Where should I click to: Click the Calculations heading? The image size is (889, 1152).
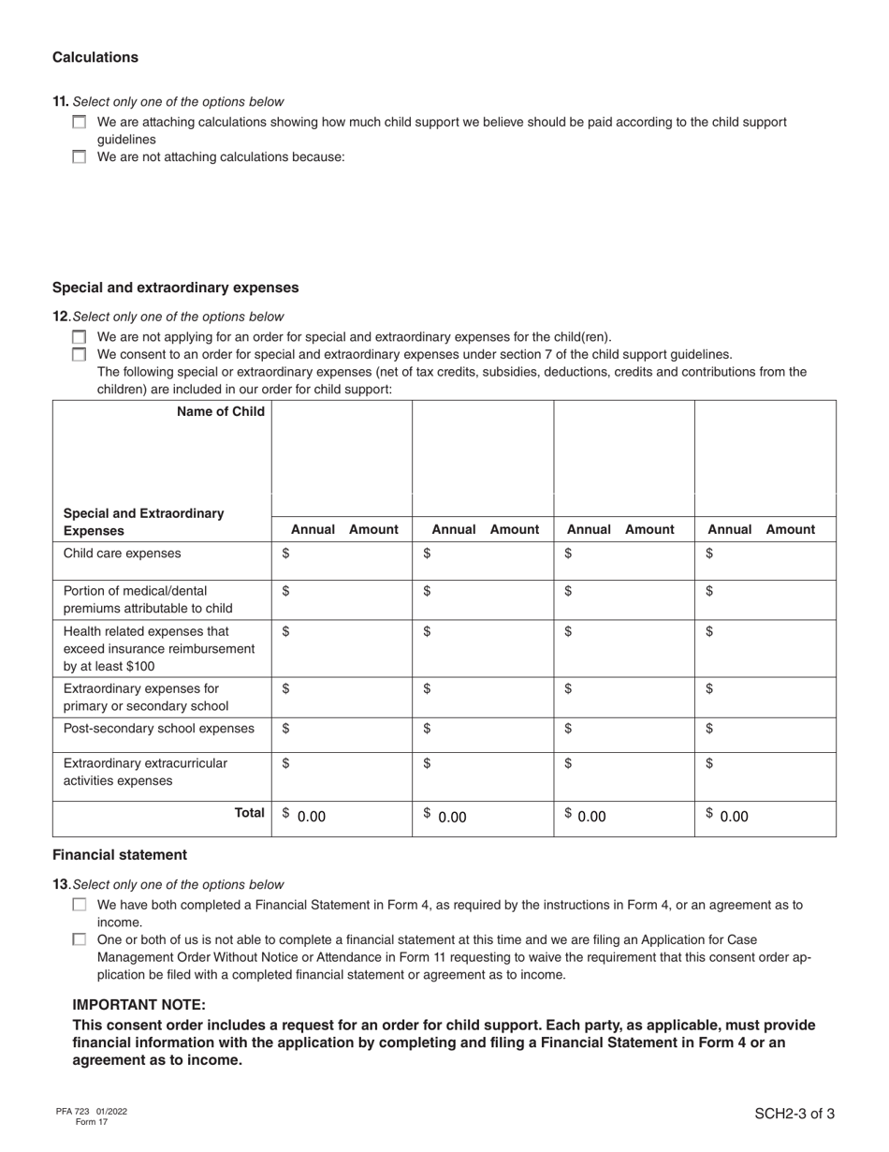coord(95,57)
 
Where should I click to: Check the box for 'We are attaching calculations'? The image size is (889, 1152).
coord(79,123)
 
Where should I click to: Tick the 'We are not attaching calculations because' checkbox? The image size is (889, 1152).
coord(79,157)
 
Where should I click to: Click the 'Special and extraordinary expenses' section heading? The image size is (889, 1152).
coord(175,288)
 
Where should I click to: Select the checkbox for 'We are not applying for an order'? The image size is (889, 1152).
coord(79,337)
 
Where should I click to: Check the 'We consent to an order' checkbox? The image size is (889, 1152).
coord(79,355)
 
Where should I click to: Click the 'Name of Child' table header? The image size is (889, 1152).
coord(220,411)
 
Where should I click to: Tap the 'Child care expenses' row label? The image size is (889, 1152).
coord(122,554)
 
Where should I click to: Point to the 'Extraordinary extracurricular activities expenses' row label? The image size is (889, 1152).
coord(145,772)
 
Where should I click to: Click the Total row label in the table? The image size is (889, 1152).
coord(249,813)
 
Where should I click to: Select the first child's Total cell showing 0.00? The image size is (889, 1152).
coord(341,816)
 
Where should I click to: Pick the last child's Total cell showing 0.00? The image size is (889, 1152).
coord(765,816)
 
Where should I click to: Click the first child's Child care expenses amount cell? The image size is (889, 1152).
coord(341,554)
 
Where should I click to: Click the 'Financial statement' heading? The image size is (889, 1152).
coord(119,854)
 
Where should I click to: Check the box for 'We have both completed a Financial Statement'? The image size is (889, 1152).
coord(79,905)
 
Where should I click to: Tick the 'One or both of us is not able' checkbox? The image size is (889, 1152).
coord(79,939)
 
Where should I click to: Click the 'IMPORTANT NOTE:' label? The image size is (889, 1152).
coord(138,1005)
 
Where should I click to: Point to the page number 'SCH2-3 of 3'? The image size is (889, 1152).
coord(794,1114)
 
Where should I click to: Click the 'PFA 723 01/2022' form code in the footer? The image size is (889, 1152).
coord(91,1112)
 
